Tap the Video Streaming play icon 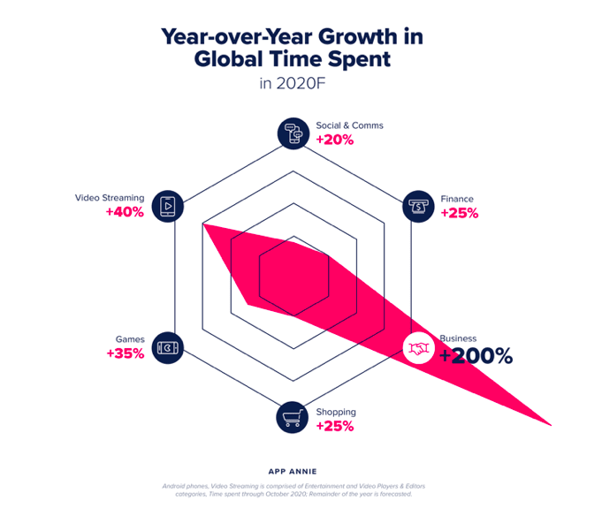pos(165,206)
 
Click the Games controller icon pos(165,347)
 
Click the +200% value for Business pos(476,356)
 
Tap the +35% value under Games pos(125,353)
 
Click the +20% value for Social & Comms pos(335,140)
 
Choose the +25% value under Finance pos(459,213)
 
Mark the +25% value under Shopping pos(335,426)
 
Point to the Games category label pos(129,339)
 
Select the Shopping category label pos(336,412)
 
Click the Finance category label pos(457,199)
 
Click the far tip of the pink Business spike pos(550,425)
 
